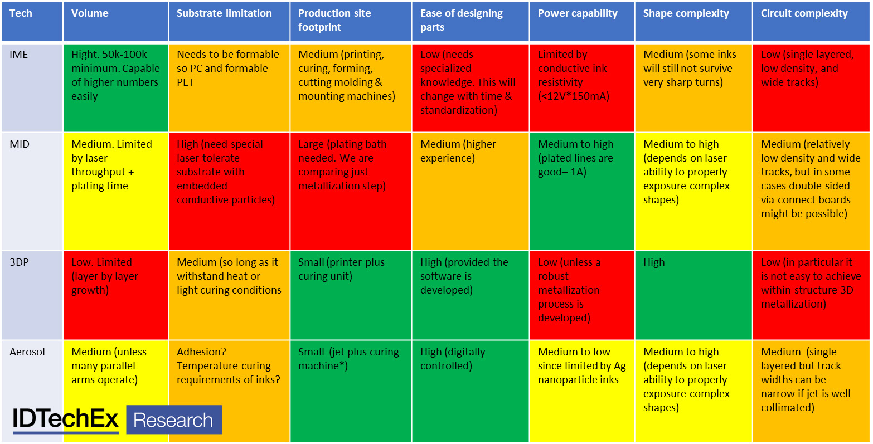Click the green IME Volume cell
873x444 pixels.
coord(115,87)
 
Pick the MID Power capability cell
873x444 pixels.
coord(582,191)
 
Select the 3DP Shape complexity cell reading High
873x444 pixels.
coord(693,295)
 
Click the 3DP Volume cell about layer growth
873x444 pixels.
coord(115,295)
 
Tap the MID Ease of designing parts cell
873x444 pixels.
coord(470,191)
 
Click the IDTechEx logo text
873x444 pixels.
coord(66,419)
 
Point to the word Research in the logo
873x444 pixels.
coord(173,420)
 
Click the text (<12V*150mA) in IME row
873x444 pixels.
coord(573,96)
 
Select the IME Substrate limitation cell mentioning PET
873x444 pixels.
coord(229,87)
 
